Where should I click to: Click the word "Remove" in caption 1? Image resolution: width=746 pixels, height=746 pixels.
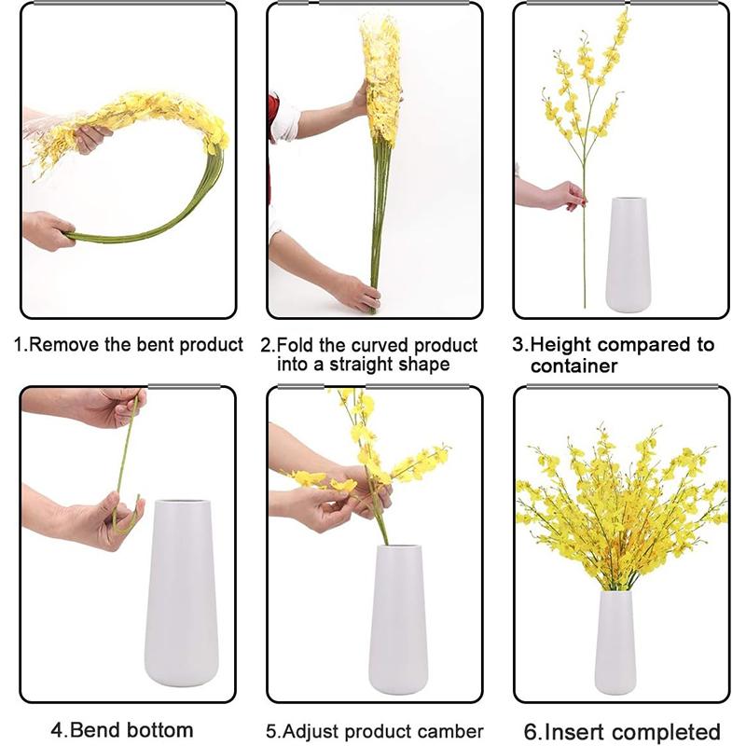(65, 344)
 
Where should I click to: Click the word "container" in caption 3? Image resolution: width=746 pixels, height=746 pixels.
(573, 366)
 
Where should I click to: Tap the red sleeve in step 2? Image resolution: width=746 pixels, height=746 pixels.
(272, 112)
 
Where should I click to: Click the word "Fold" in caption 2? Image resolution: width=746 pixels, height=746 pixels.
(295, 345)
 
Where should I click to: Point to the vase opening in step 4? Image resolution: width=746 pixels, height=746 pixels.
(183, 504)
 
